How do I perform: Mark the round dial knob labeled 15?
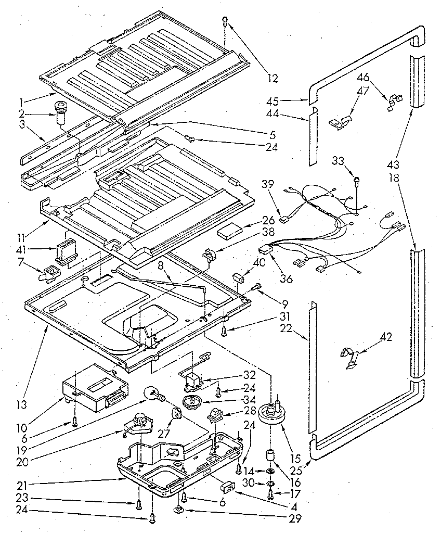(274, 414)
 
